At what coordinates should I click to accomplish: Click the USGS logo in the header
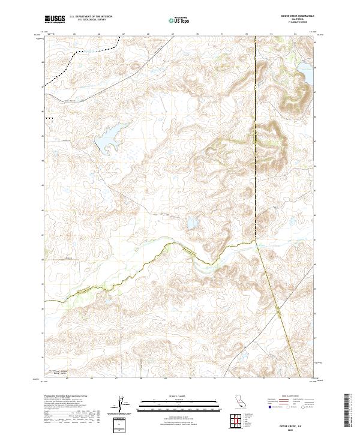tap(55, 19)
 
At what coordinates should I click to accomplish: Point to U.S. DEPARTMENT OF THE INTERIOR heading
tap(91, 17)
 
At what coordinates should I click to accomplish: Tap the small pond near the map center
tap(192, 223)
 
